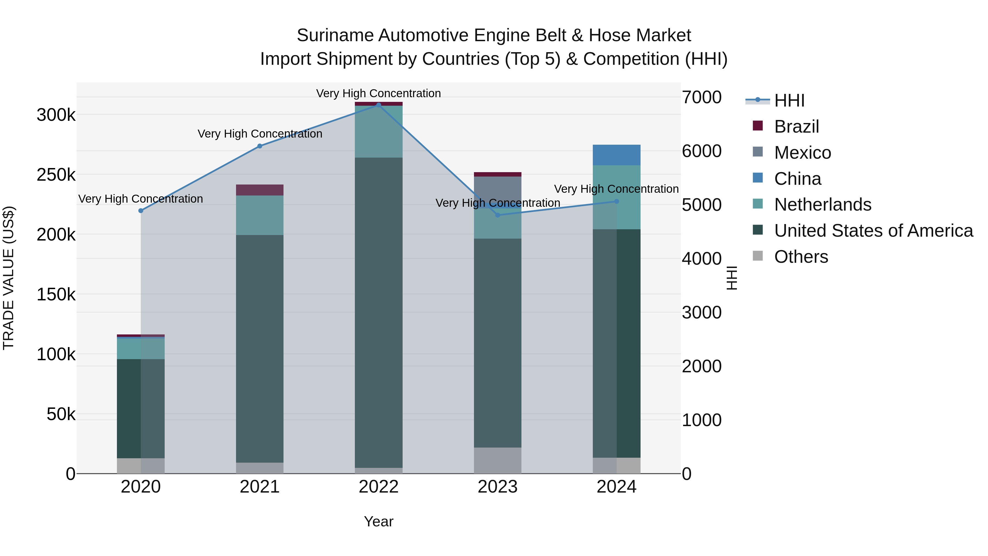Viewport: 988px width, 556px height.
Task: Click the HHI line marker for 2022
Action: click(378, 105)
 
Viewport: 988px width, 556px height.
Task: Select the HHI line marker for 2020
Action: click(141, 211)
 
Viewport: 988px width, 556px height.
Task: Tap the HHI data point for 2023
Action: click(498, 215)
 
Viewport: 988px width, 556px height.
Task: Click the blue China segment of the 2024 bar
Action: click(616, 155)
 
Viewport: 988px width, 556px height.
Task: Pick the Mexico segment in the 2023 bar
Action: click(498, 188)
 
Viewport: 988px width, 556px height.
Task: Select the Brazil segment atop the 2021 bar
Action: click(260, 190)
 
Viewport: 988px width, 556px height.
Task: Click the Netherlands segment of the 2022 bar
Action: click(378, 132)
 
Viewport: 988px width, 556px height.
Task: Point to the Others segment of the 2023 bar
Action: click(498, 460)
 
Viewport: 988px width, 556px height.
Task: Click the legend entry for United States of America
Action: click(873, 231)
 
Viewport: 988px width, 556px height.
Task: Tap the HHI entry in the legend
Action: click(789, 100)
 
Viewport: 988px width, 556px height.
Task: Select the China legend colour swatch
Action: click(758, 178)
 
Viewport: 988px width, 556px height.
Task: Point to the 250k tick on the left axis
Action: click(56, 175)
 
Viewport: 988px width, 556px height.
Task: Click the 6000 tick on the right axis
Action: click(701, 151)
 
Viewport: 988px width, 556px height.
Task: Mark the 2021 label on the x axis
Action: click(260, 487)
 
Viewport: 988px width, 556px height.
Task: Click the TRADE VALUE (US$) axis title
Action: click(9, 278)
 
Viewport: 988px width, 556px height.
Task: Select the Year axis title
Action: click(378, 521)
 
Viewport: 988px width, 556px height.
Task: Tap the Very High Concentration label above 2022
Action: click(378, 93)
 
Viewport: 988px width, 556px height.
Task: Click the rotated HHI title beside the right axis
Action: click(732, 278)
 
